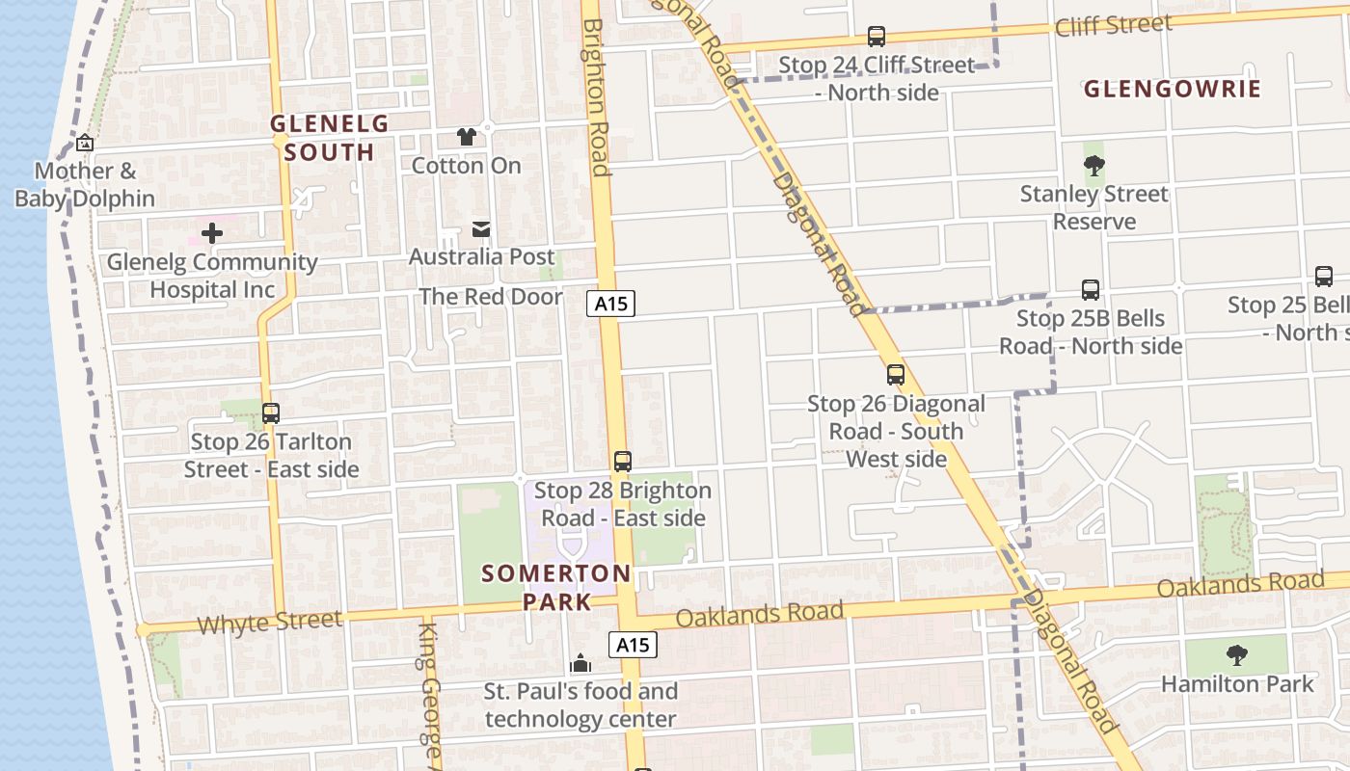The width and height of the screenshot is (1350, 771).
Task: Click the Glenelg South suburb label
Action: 329,137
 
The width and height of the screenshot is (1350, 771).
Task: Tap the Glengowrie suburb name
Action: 1172,90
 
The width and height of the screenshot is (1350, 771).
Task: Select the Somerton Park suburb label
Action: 556,587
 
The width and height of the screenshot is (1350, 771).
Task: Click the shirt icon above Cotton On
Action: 467,137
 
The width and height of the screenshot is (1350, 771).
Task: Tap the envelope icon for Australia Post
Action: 480,229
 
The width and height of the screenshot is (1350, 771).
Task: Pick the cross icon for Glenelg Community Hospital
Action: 212,233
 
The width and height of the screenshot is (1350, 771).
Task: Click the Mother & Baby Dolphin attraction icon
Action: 85,144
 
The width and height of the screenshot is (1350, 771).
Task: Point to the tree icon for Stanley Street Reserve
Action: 1093,165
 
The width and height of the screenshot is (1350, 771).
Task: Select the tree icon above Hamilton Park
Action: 1236,655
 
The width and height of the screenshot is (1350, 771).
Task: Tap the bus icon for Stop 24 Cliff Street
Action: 876,37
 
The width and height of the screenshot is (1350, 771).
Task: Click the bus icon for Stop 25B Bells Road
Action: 1090,290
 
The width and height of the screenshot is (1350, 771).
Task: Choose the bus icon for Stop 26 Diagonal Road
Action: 896,375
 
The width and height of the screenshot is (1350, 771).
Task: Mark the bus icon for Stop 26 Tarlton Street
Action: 271,413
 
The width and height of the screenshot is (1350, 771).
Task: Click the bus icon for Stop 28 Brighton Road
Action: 623,462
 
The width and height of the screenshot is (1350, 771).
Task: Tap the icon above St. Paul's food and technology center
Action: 580,663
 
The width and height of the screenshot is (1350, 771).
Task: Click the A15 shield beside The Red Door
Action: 611,304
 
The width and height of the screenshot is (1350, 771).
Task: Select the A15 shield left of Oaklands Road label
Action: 633,645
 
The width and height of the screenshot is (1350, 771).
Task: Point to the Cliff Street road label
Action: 1113,24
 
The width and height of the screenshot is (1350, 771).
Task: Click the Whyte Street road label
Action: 269,622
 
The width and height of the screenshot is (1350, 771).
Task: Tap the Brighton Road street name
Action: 596,96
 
